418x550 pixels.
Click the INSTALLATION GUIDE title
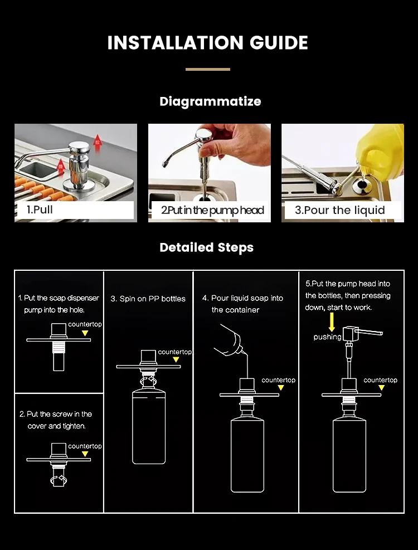click(208, 43)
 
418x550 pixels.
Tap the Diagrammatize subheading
click(210, 101)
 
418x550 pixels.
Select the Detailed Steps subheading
click(206, 247)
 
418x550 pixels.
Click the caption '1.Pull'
click(40, 210)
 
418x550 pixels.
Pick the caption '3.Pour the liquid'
click(340, 210)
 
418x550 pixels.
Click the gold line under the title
click(208, 70)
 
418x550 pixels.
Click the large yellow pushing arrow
click(332, 322)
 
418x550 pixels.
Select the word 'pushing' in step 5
click(327, 337)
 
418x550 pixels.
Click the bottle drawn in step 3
click(149, 426)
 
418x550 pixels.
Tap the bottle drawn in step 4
click(247, 455)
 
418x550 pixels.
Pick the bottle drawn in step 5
click(349, 455)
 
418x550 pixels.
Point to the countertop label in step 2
click(85, 446)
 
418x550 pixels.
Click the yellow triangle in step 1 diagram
click(85, 333)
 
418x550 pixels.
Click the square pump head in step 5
click(349, 334)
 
